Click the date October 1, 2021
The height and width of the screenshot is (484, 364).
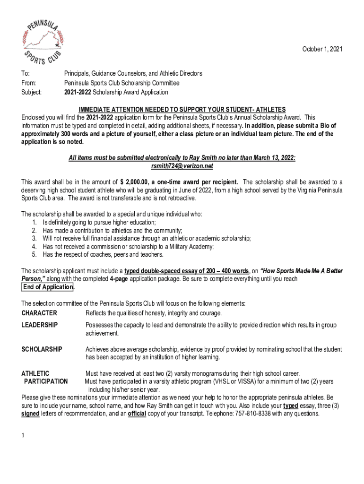tap(321, 49)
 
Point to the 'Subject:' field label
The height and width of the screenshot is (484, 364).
tap(32, 92)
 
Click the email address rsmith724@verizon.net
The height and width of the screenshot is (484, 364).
tap(182, 166)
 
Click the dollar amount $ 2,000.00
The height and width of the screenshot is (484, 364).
tap(136, 182)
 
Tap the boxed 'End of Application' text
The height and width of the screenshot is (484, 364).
tap(48, 287)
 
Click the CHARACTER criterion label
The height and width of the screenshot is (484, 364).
tap(39, 313)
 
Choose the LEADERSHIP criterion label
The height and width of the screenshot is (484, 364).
tap(40, 325)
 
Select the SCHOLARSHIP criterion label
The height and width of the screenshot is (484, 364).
tap(42, 349)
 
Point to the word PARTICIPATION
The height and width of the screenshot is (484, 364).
tap(45, 381)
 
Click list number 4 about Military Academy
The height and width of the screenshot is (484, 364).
tap(35, 246)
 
